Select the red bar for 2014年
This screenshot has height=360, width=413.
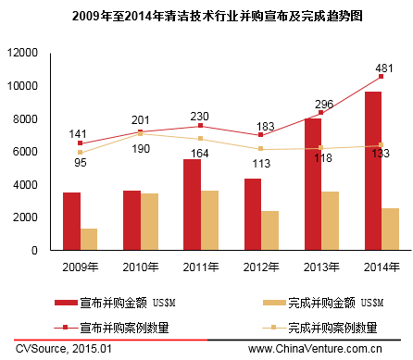pos(372,171)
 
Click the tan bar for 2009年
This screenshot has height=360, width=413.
pos(89,240)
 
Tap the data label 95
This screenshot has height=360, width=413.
pos(80,163)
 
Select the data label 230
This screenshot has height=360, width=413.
pos(200,117)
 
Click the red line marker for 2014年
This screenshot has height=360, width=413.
pos(381,77)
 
